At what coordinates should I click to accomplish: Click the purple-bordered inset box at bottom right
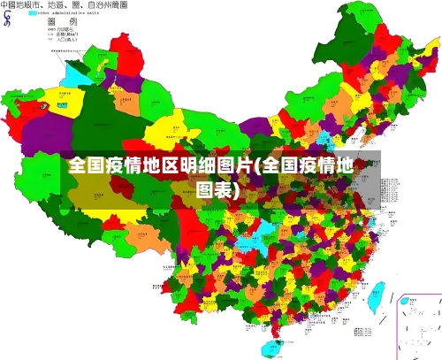click(x=419, y=326)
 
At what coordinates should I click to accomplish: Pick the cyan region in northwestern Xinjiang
click(x=72, y=73)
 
